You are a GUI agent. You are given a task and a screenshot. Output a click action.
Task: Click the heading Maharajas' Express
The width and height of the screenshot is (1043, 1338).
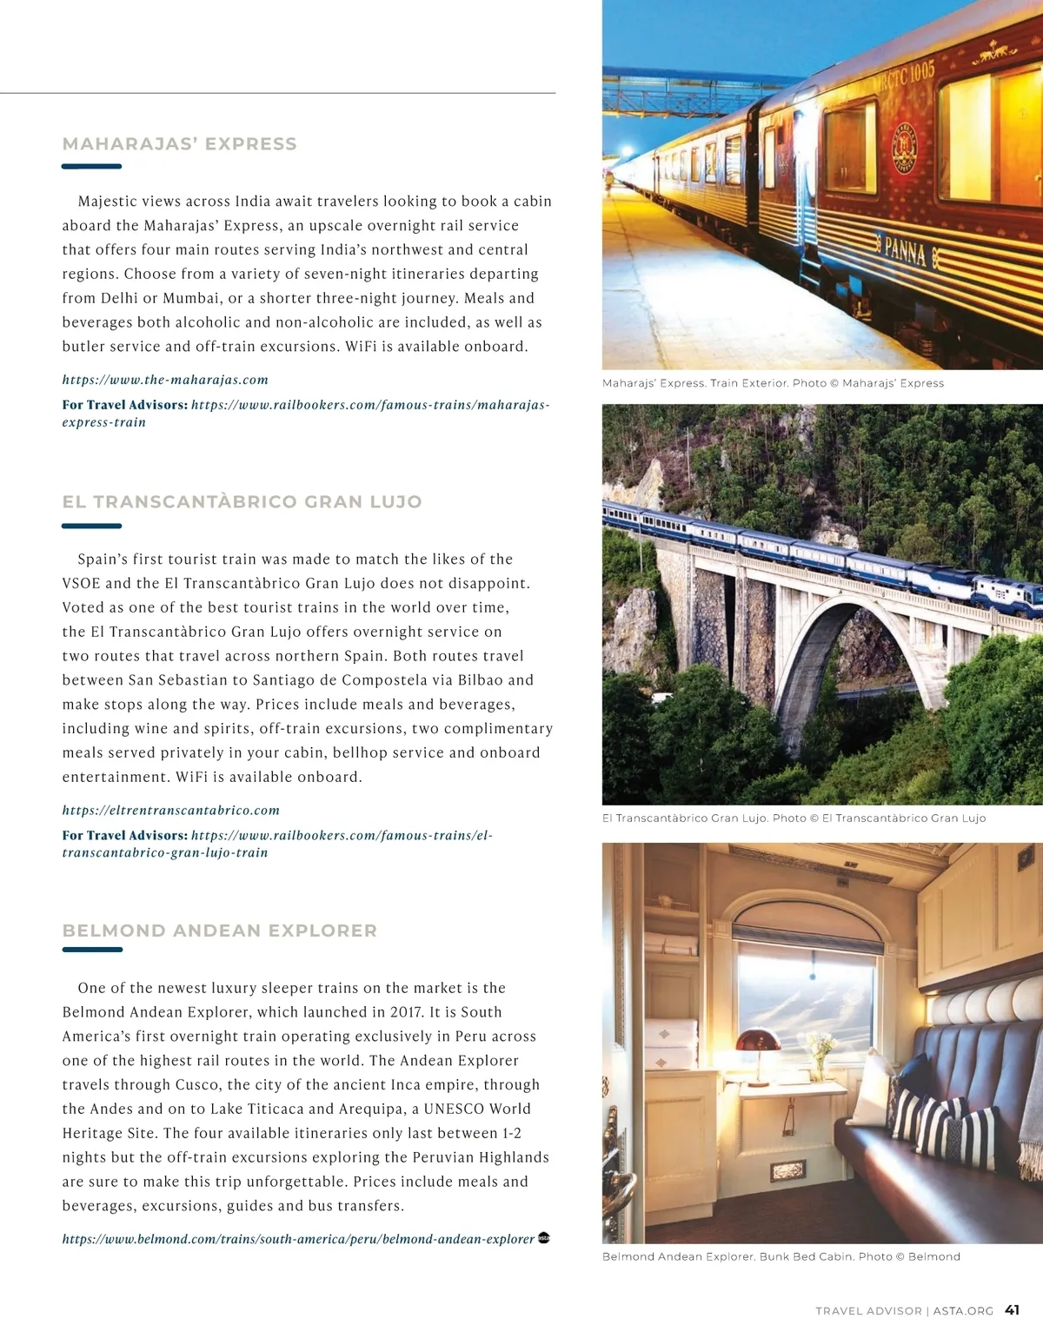coord(179,144)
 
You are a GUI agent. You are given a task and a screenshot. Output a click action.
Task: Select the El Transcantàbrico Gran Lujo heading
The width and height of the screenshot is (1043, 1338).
coord(242,502)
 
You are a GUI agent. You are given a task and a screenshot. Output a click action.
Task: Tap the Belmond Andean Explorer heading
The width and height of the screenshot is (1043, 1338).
coord(220,931)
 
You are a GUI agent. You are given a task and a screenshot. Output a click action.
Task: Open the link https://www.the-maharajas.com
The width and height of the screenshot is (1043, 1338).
coord(165,380)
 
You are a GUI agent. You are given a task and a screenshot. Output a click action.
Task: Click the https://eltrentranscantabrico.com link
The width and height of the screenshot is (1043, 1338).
coord(171,811)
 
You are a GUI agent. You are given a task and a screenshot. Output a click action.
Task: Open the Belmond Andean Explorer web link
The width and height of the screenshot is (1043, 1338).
coord(298,1239)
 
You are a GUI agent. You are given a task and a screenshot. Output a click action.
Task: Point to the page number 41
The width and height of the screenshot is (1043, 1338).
coord(1013,1310)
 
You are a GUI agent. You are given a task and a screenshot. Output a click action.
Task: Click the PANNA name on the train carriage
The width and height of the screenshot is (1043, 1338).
coord(905,251)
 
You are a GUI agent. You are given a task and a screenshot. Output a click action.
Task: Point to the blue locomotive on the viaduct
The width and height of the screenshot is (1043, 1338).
coord(1006,595)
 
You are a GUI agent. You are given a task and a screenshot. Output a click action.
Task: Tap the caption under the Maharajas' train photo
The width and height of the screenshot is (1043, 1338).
coord(773,383)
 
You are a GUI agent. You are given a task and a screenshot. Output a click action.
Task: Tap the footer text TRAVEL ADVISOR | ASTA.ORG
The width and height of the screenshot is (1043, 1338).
coord(904,1311)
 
